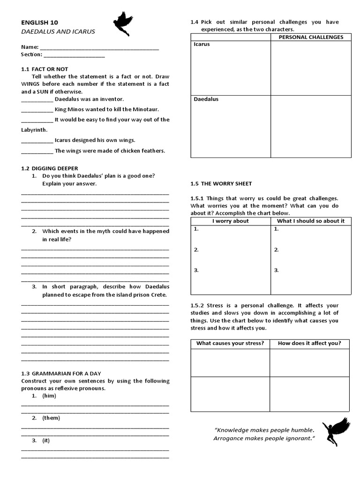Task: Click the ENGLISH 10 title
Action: tap(40, 22)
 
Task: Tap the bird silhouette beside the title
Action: tap(123, 24)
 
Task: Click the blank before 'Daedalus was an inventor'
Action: tap(37, 100)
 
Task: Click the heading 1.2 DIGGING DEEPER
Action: tap(50, 168)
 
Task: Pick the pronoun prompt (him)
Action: tap(49, 396)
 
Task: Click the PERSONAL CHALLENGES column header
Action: tap(311, 37)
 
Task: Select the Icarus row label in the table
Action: tap(202, 45)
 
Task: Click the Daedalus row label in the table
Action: tap(206, 99)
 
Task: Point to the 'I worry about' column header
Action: tap(231, 221)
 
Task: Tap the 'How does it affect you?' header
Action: tap(309, 343)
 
